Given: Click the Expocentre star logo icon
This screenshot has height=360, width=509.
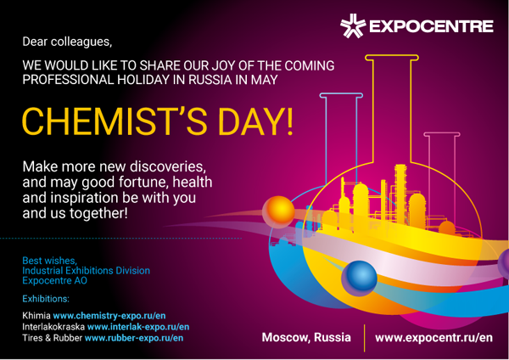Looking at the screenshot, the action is [x=353, y=25].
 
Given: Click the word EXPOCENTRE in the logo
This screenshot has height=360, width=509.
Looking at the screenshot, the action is [x=432, y=26].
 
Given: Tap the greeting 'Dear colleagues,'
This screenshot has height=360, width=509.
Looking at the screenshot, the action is [x=67, y=42].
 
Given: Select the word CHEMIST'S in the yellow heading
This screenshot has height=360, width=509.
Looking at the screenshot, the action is [x=115, y=121].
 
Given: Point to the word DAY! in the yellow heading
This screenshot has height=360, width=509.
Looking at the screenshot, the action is [x=256, y=121].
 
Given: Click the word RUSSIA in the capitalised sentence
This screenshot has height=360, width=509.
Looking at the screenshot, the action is [x=210, y=80].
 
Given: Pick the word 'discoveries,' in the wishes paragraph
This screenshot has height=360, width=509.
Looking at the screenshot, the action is [x=168, y=166].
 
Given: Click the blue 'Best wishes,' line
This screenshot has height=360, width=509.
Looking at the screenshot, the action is [x=50, y=261].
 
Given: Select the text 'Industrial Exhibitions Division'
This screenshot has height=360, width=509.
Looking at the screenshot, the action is [x=86, y=270].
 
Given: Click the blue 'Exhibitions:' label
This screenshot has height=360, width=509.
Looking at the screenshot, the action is [x=46, y=299].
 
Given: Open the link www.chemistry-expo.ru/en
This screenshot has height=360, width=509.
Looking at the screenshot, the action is [x=109, y=316].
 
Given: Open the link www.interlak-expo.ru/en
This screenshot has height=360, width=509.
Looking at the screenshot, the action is [x=138, y=327].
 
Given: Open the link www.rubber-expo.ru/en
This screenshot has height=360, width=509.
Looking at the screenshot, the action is [x=134, y=338].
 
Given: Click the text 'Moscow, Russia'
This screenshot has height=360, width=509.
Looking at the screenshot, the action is [x=306, y=337].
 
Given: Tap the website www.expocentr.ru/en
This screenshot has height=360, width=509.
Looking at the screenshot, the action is [x=433, y=338].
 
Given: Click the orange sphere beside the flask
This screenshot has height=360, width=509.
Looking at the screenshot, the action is [x=278, y=211].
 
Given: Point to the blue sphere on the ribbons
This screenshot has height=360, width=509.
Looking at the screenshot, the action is [x=359, y=278].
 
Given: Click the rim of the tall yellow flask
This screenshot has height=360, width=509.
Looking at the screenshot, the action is [x=391, y=58].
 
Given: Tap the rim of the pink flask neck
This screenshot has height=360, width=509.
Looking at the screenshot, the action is [x=442, y=134].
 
